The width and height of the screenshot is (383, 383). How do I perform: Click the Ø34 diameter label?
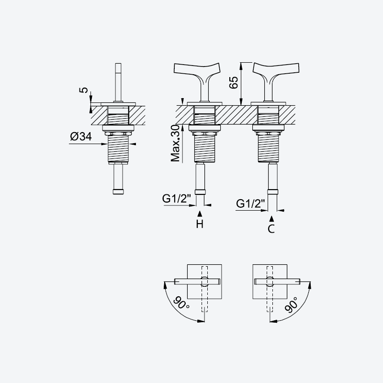pyautogui.click(x=81, y=136)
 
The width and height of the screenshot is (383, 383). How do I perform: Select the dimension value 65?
pyautogui.click(x=234, y=82)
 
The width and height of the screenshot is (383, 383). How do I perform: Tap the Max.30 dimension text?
pyautogui.click(x=176, y=144)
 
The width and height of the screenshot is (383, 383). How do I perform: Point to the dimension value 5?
pyautogui.click(x=84, y=90)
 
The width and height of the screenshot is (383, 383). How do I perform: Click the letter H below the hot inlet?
pyautogui.click(x=200, y=224)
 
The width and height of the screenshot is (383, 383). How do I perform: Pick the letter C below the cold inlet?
pyautogui.click(x=271, y=229)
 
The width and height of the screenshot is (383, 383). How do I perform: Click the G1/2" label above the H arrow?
pyautogui.click(x=176, y=199)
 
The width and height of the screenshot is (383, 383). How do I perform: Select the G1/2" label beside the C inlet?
pyautogui.click(x=250, y=203)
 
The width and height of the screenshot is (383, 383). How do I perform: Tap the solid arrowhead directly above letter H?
pyautogui.click(x=200, y=214)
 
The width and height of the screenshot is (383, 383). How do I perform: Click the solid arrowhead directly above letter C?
pyautogui.click(x=271, y=219)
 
